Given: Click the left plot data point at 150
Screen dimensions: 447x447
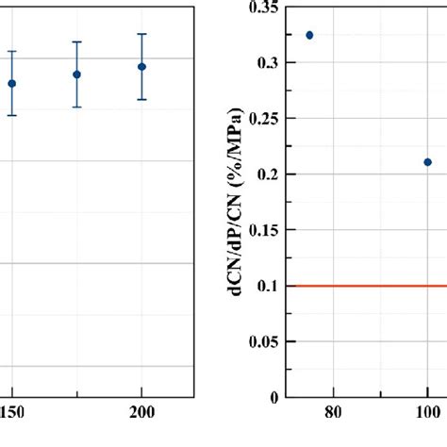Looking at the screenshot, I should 12,83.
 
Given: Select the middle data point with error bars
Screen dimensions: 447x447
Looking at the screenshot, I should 76,74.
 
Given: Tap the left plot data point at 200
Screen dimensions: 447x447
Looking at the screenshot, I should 141,67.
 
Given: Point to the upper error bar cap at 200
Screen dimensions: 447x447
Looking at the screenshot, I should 141,34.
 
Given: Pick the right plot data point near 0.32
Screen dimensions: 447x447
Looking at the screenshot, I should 309,35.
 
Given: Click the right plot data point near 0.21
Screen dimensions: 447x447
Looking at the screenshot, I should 427,162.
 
